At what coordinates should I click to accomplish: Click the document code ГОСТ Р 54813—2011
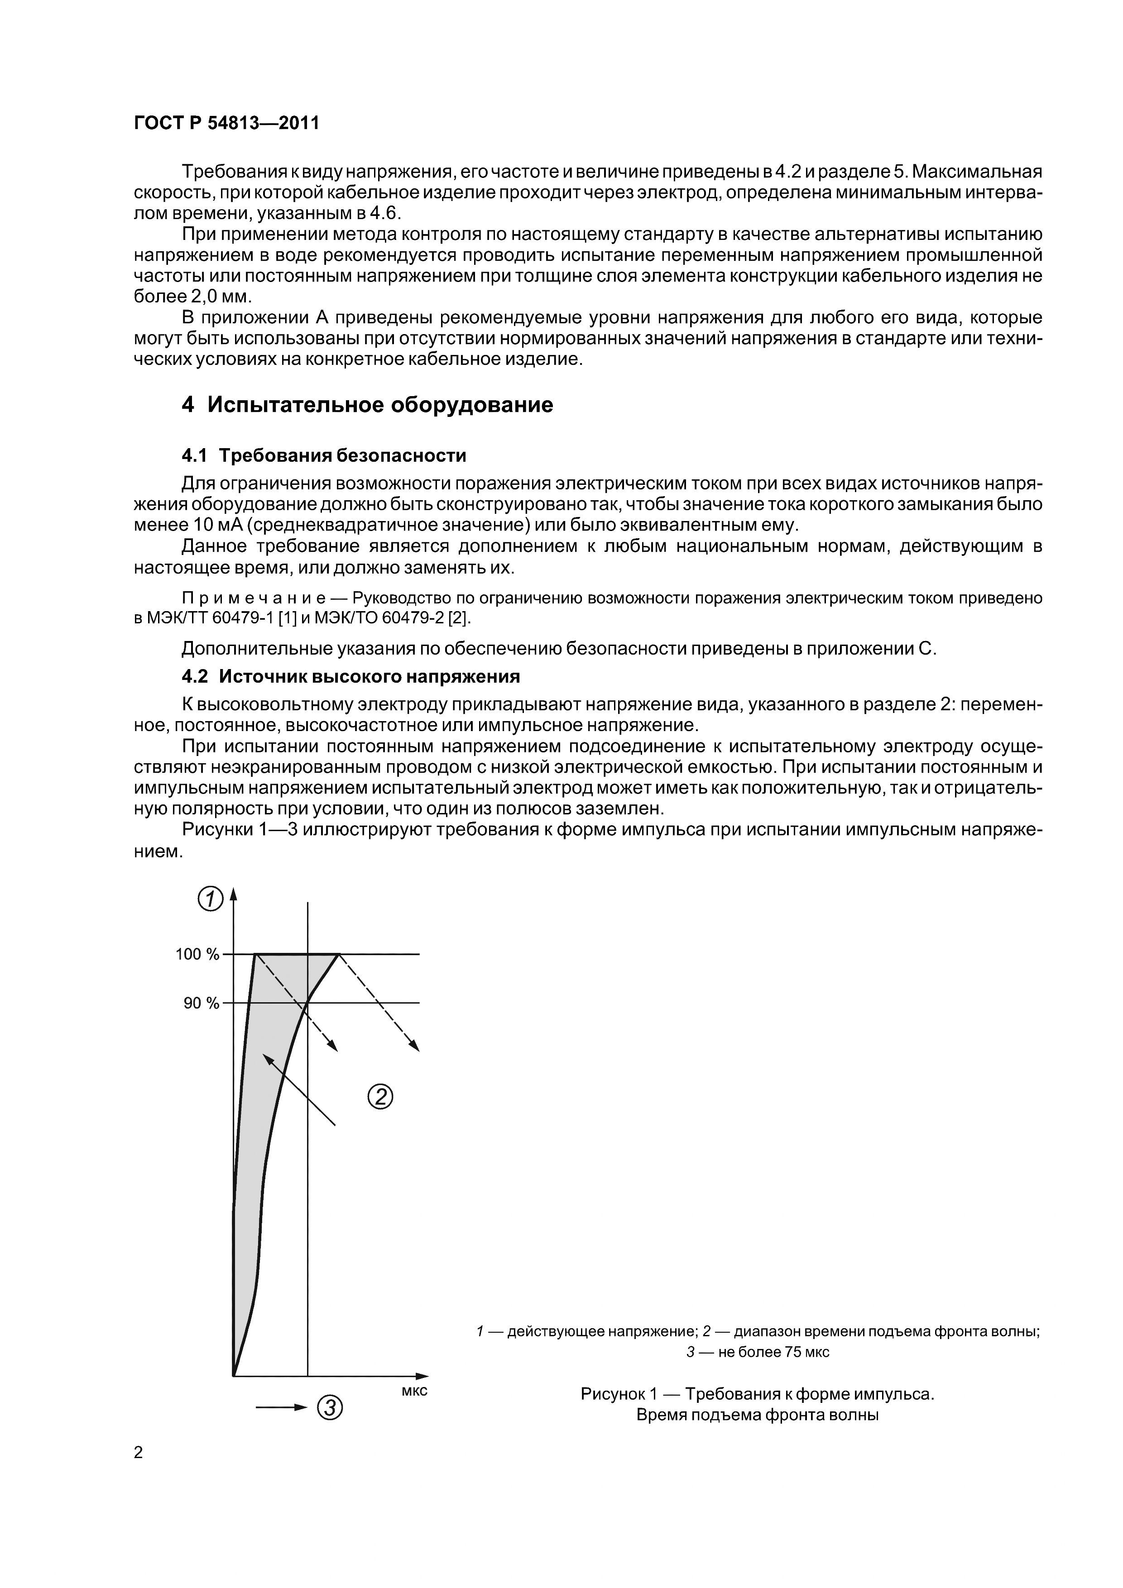226,124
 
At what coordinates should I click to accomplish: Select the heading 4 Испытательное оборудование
367,405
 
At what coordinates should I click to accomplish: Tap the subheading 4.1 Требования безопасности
323,456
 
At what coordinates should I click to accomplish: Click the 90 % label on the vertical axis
201,1003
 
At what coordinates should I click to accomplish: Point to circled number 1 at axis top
210,900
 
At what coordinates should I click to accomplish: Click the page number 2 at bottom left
139,1453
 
